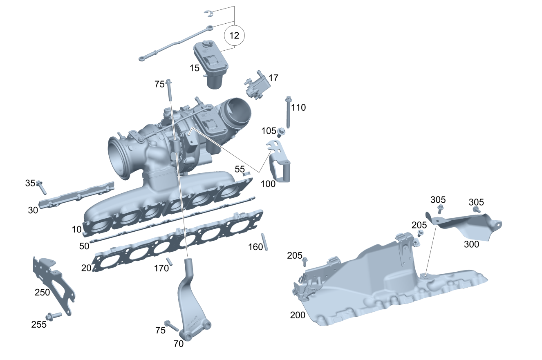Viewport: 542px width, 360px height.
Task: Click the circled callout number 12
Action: [x=234, y=36]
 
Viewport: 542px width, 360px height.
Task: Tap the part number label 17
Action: [x=273, y=78]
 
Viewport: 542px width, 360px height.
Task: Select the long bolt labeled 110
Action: [x=288, y=112]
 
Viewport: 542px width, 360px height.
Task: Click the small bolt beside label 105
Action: [x=281, y=132]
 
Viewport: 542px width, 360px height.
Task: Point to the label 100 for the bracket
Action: [x=268, y=184]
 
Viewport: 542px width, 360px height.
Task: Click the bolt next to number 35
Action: [x=41, y=187]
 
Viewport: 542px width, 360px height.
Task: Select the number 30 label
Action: [x=33, y=210]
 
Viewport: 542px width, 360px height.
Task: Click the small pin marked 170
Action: [x=169, y=262]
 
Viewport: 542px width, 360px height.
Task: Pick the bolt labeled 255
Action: [x=54, y=316]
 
